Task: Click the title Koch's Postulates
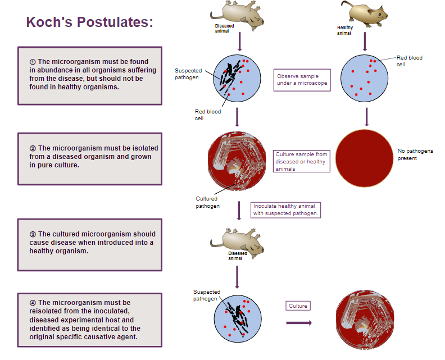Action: [89, 22]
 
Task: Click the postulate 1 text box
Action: [90, 75]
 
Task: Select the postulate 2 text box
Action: [90, 158]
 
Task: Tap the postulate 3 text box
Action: [90, 244]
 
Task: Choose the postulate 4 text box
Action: [90, 320]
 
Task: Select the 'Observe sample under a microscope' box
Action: [302, 80]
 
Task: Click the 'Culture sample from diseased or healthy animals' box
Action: [301, 161]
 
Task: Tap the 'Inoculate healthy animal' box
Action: [286, 209]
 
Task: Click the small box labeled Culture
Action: [298, 306]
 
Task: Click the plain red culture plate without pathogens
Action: [365, 157]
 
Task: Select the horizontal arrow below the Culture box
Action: [298, 323]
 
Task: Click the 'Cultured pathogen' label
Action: [207, 202]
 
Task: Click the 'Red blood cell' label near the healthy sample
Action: [409, 61]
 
